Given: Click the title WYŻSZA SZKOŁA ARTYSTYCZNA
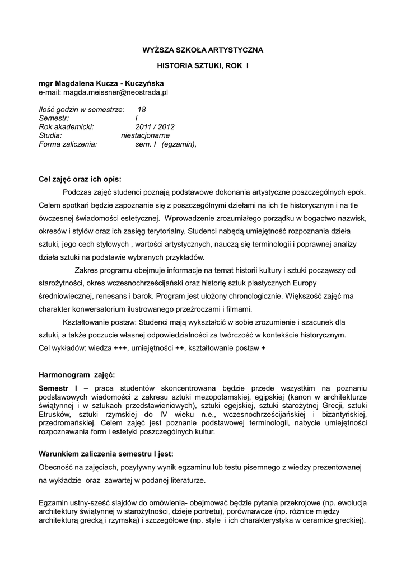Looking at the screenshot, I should [x=202, y=50].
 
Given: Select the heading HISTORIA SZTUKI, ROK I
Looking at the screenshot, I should [x=202, y=66].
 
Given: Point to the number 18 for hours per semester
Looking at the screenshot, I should [x=142, y=110].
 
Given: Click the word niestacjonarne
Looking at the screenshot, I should [x=145, y=135].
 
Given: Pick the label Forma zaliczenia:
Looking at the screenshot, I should [x=68, y=144].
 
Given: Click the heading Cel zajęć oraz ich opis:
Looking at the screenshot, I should [x=80, y=180].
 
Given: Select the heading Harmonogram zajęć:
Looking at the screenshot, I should [x=76, y=374].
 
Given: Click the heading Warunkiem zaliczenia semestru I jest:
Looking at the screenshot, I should [x=106, y=453].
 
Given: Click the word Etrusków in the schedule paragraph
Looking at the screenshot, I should [x=54, y=414].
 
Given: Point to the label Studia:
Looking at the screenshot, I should [x=50, y=135].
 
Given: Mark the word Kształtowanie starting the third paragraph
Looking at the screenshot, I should [x=89, y=322].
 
